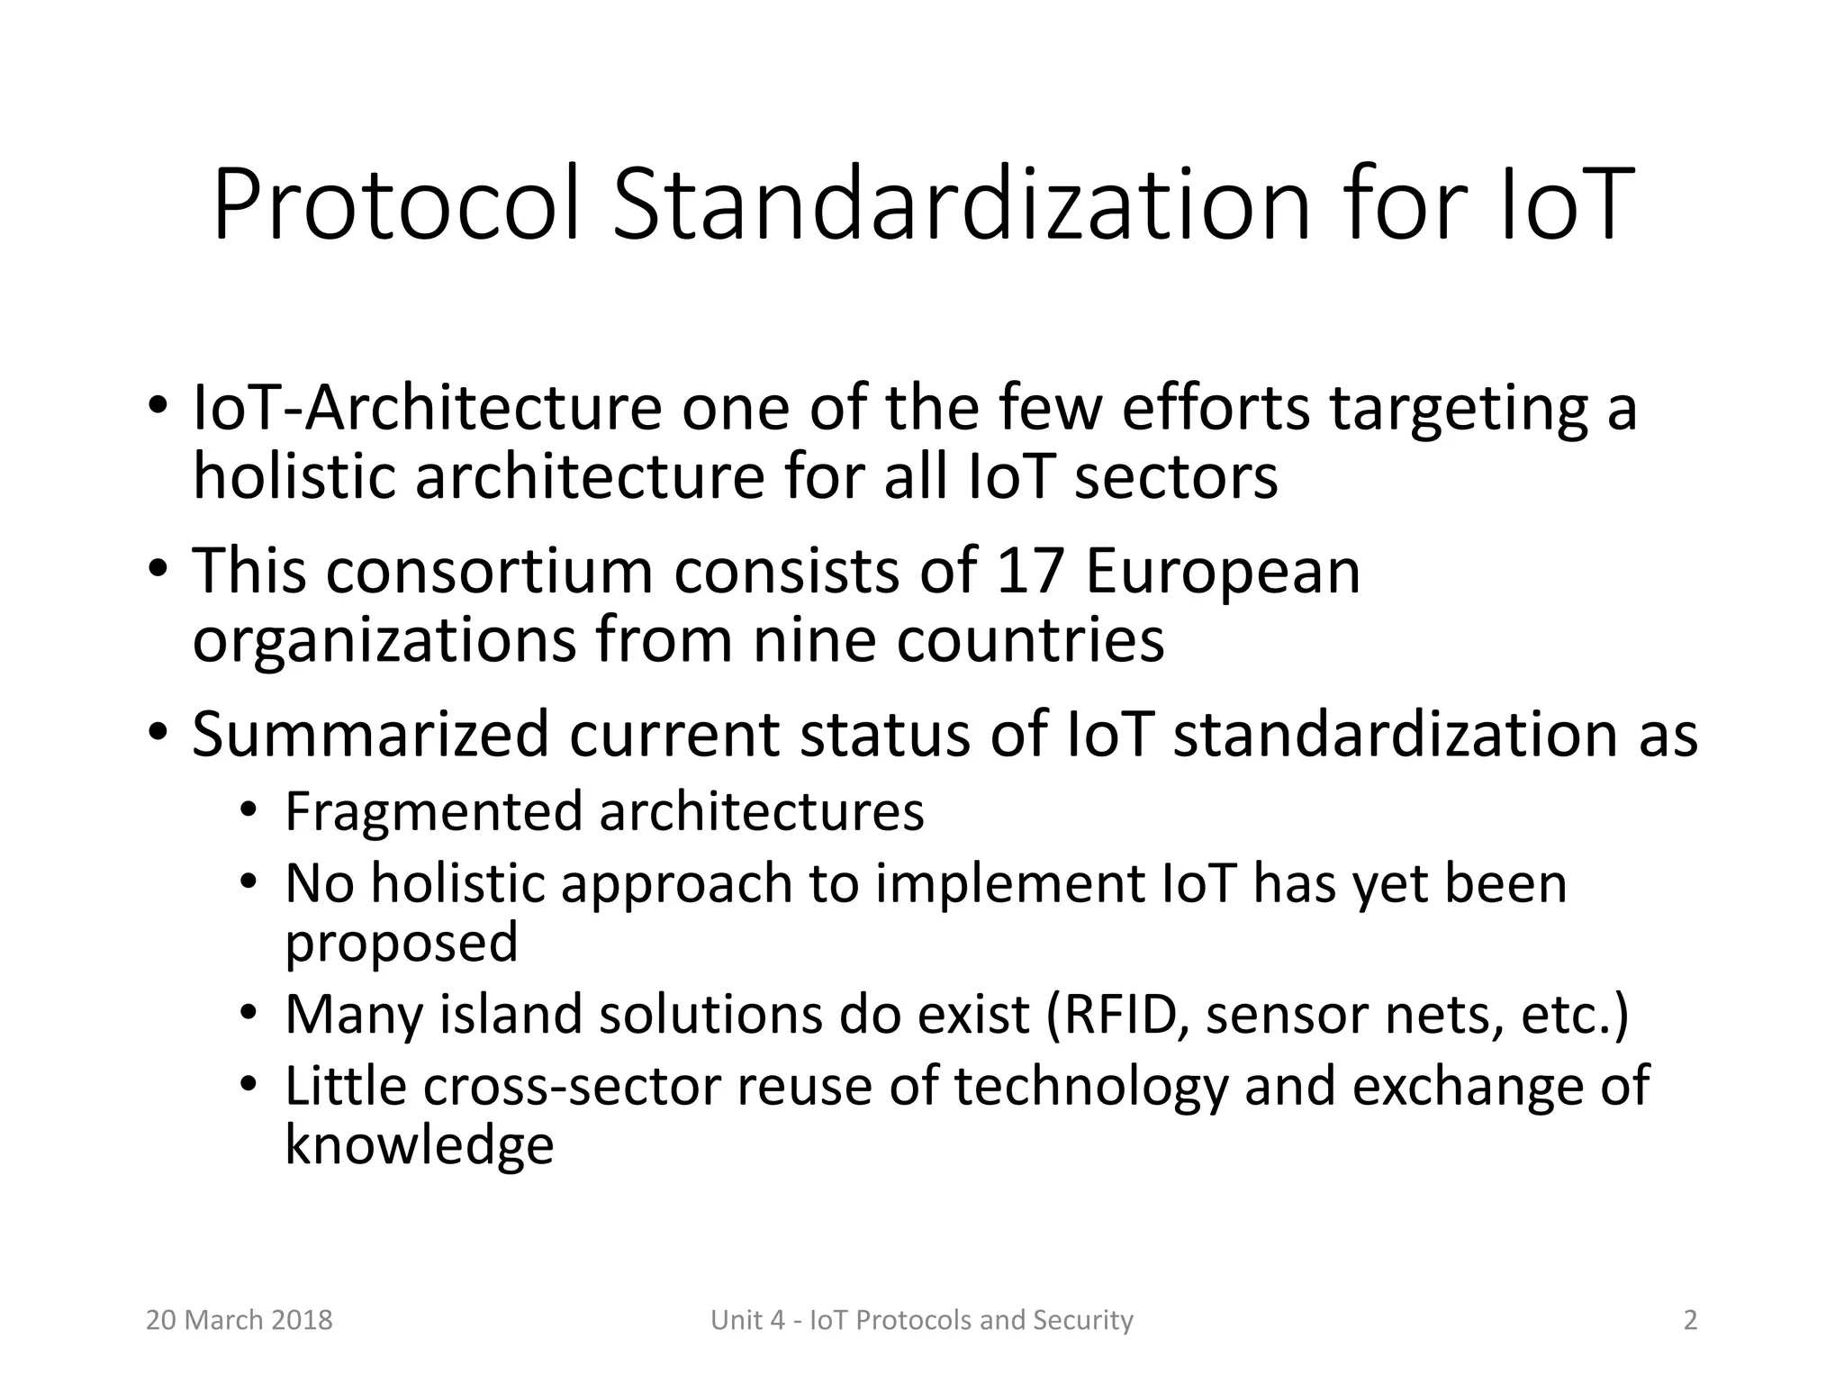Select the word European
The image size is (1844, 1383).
(1223, 573)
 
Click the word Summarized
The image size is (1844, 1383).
(370, 734)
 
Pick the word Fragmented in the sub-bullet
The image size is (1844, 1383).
(433, 812)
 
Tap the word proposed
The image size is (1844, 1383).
(402, 944)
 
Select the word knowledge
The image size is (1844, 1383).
(420, 1145)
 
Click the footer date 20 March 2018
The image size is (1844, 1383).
(240, 1320)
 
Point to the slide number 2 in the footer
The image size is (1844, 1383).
(1690, 1320)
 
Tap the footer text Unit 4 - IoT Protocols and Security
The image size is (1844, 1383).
(922, 1320)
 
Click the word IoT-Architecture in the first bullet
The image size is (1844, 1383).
(428, 409)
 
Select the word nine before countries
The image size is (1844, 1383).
(814, 641)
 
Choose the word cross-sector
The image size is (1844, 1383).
(571, 1087)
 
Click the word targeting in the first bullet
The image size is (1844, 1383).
(1459, 411)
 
